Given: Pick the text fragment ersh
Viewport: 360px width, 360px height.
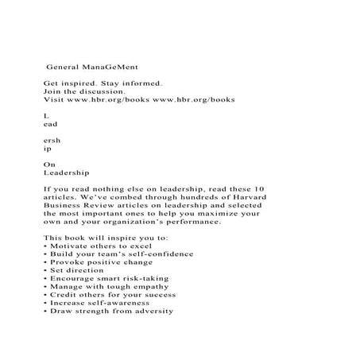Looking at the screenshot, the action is [51, 140].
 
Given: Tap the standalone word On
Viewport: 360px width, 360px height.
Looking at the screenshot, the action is [48, 164].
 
